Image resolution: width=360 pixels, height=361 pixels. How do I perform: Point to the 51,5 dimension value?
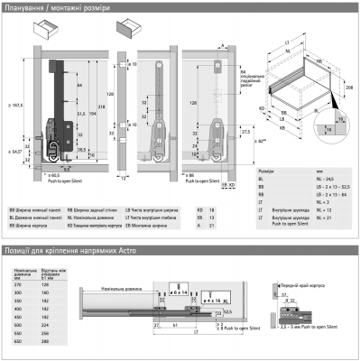80,113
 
